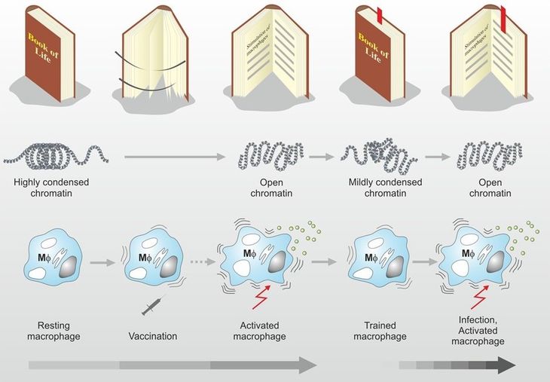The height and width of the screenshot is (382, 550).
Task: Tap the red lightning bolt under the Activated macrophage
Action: click(261, 297)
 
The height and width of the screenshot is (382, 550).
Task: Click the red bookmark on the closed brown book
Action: click(379, 15)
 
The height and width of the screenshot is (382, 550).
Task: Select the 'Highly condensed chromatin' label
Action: click(51, 188)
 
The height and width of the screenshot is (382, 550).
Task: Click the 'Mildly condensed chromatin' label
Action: click(385, 188)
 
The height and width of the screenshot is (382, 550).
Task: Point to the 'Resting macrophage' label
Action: click(53, 331)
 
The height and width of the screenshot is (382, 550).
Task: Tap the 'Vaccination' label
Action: click(153, 336)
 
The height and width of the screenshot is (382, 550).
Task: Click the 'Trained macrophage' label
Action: click(380, 331)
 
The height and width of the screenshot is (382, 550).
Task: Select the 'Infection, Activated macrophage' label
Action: click(478, 331)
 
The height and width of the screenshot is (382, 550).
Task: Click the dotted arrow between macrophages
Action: click(203, 261)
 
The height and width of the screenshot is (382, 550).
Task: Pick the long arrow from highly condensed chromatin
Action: click(175, 157)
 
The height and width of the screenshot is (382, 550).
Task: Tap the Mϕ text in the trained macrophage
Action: click(371, 258)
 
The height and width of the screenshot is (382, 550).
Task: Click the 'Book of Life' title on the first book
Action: click(44, 48)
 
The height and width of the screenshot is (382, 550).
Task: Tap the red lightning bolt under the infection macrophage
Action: click(480, 296)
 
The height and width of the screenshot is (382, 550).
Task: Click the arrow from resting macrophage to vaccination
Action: click(102, 262)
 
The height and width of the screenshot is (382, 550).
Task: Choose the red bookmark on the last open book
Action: click(504, 20)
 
